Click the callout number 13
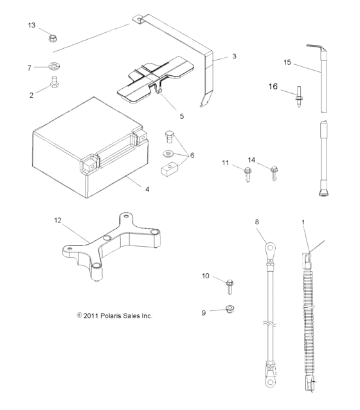[32, 25]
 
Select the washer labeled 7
[51, 67]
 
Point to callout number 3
[235, 57]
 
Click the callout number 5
[182, 116]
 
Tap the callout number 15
[287, 62]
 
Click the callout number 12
[58, 220]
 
